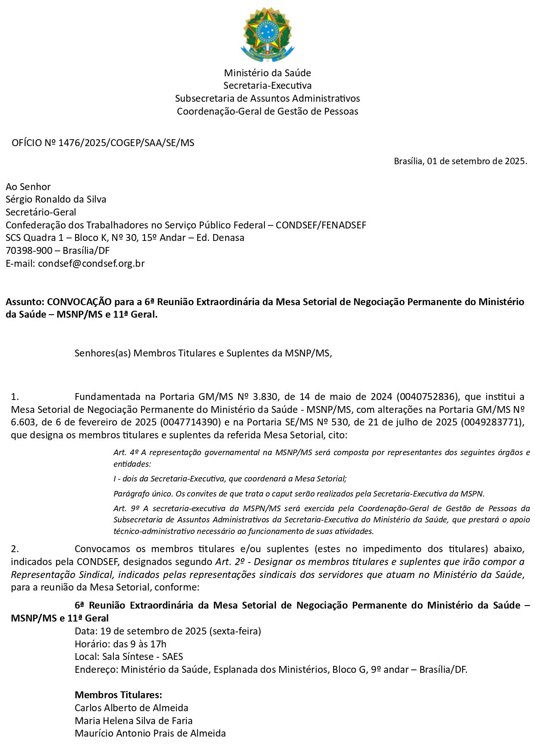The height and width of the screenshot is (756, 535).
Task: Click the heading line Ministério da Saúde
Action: point(267,73)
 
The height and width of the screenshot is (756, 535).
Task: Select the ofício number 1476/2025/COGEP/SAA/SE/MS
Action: point(126,143)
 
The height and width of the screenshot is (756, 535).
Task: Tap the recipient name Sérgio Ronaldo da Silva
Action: point(56,199)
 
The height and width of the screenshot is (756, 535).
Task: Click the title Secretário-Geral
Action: point(41,212)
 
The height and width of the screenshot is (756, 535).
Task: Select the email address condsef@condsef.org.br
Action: point(91,263)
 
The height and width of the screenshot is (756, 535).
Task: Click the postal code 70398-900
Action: point(29,250)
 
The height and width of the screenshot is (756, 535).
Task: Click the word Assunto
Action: point(24,302)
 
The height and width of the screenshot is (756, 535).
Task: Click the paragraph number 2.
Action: point(15,549)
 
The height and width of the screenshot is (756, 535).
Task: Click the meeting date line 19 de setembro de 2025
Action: point(168,631)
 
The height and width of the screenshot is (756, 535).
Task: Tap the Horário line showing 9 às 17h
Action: point(120,644)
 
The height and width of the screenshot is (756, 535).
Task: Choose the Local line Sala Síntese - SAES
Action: point(129,656)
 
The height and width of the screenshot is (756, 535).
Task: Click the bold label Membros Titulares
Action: point(118,695)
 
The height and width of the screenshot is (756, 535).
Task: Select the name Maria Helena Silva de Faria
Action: point(133,721)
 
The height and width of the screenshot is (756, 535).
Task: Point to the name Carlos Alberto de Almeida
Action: point(131,708)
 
